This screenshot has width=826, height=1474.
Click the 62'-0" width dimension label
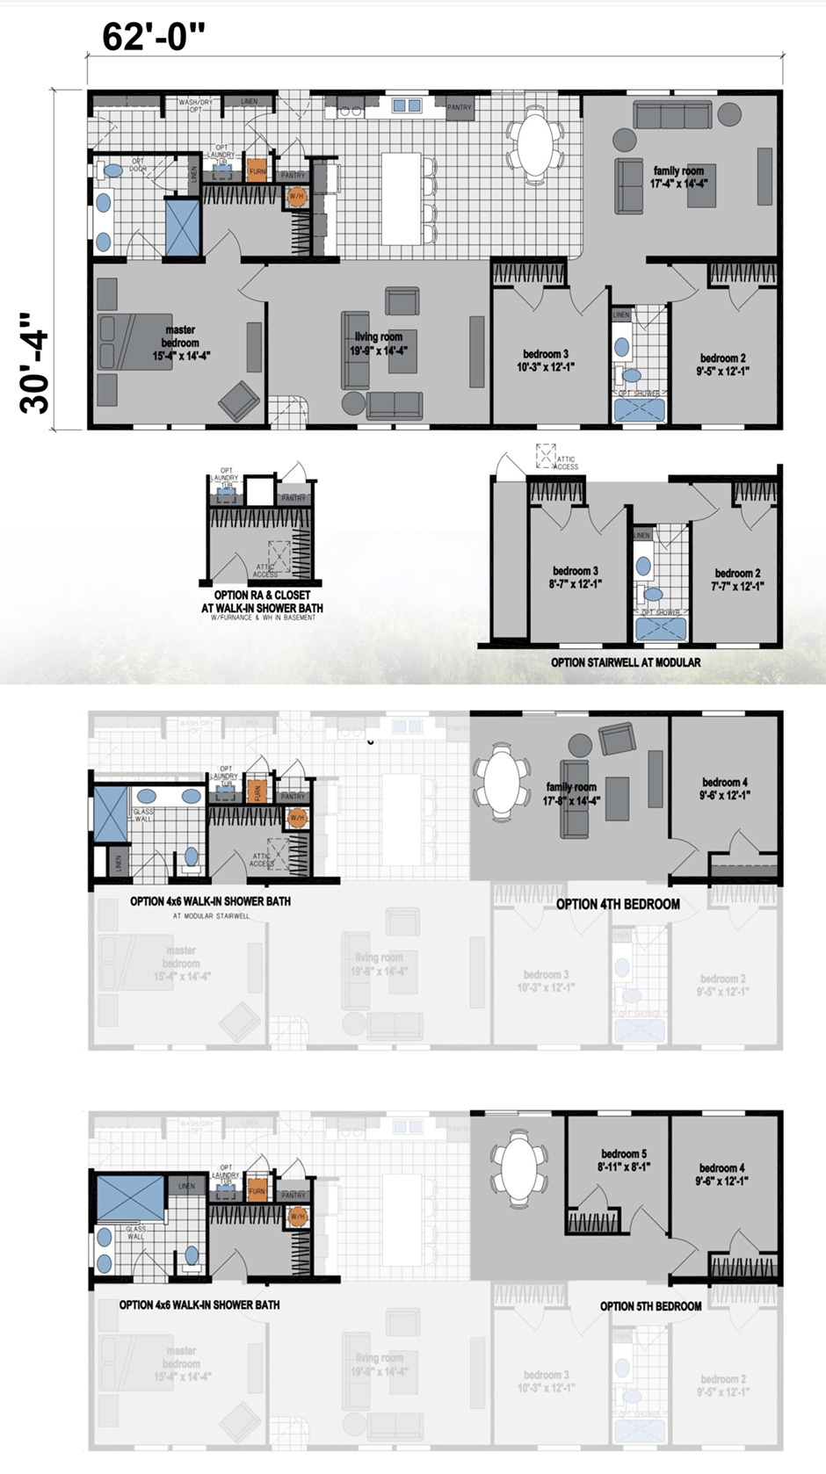[154, 37]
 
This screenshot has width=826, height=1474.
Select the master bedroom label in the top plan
[181, 343]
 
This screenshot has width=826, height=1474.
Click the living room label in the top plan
[379, 343]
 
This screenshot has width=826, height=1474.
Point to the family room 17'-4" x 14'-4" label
[678, 177]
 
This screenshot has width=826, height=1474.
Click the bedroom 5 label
[624, 1160]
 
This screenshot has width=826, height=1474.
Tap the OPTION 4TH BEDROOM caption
[618, 904]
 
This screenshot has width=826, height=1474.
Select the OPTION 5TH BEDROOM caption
[650, 1306]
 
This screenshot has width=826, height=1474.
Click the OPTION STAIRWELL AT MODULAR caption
[626, 662]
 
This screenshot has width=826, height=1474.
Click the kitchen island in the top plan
[402, 199]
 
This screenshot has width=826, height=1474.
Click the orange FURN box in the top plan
[257, 171]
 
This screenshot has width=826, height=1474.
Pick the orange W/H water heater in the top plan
[297, 196]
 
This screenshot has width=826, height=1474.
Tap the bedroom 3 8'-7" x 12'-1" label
[576, 577]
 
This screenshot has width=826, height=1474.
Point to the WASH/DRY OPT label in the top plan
[195, 105]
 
